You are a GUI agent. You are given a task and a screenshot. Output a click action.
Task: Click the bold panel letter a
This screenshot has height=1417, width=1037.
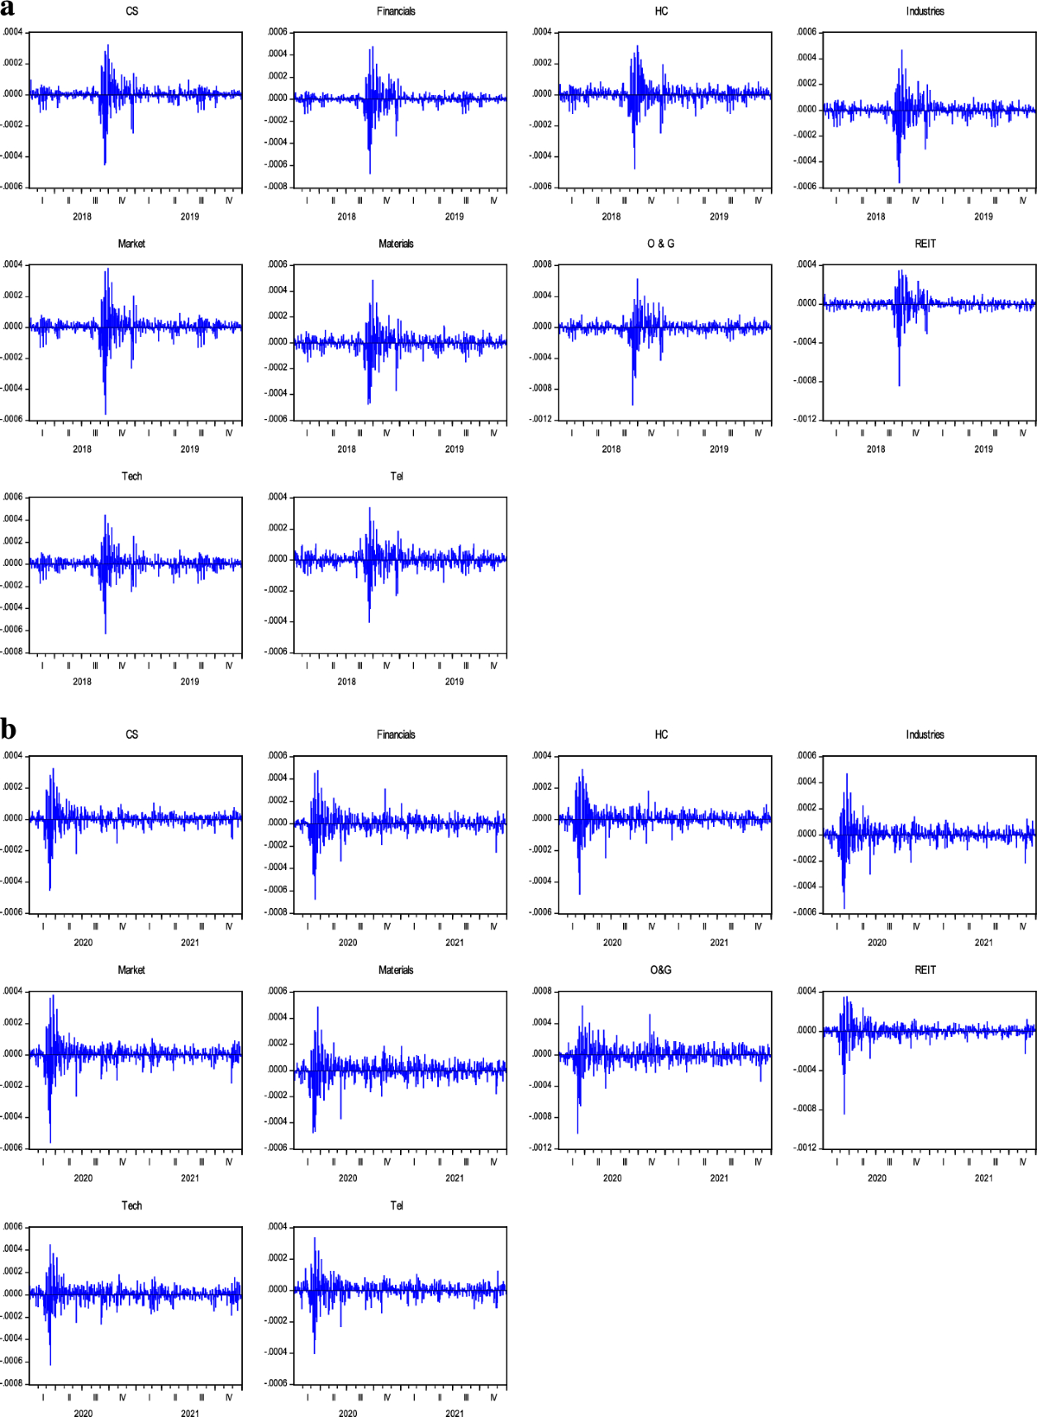click(8, 9)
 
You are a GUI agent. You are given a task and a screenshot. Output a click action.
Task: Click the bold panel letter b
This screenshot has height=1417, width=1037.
click(9, 730)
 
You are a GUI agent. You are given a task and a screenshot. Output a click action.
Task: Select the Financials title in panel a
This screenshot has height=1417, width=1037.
click(396, 11)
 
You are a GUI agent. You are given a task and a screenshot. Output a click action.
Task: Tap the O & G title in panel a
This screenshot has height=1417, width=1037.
click(661, 244)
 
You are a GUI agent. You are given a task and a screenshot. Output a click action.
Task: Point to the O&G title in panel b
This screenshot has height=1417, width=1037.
click(661, 970)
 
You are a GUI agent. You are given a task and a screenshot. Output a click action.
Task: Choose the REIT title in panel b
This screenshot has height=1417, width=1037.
click(926, 970)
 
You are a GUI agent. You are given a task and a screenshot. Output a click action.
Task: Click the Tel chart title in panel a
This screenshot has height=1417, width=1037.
click(397, 476)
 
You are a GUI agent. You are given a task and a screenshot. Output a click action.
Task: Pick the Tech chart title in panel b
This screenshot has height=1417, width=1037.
click(131, 1205)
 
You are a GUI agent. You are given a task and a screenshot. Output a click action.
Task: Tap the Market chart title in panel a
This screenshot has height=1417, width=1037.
click(131, 244)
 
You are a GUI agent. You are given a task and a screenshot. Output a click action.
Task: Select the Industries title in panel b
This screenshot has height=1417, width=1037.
click(925, 734)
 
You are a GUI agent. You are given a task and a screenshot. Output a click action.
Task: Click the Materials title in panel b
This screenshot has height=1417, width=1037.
click(396, 970)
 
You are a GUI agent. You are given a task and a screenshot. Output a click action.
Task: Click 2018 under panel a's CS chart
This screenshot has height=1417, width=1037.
click(82, 217)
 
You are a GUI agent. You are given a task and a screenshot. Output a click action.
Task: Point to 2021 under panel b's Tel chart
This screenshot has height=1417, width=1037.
click(455, 1413)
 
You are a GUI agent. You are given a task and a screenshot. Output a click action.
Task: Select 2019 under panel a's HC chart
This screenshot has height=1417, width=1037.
click(719, 217)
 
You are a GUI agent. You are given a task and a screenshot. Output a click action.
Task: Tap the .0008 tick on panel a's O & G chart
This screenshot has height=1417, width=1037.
click(542, 264)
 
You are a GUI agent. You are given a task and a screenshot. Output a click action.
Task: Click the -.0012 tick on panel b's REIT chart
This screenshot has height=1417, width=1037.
click(805, 1147)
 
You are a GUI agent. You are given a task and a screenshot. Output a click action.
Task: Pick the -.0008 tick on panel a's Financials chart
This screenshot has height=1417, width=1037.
click(277, 187)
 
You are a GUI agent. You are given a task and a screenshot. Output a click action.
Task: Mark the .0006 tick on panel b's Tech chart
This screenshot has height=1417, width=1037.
click(13, 1227)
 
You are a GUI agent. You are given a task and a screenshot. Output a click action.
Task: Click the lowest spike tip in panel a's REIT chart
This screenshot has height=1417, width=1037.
click(899, 385)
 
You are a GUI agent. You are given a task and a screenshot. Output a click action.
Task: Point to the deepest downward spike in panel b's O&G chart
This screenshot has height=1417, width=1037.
click(577, 1133)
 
